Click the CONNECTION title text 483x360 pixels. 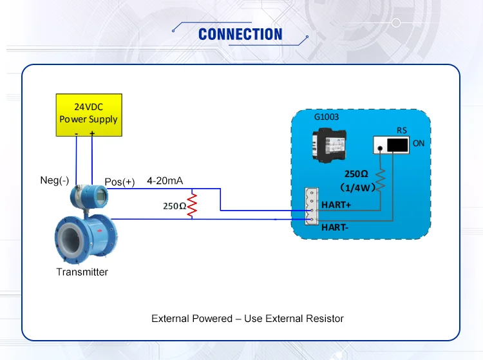[240, 34]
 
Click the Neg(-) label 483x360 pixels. [55, 181]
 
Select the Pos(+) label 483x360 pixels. [120, 182]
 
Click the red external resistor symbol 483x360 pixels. [191, 205]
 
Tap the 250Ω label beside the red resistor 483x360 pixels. [174, 206]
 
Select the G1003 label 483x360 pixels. [326, 118]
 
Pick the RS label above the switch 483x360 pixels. [401, 130]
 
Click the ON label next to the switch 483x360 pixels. [419, 144]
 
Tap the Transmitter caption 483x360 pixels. [82, 272]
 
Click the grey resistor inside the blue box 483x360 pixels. [381, 179]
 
